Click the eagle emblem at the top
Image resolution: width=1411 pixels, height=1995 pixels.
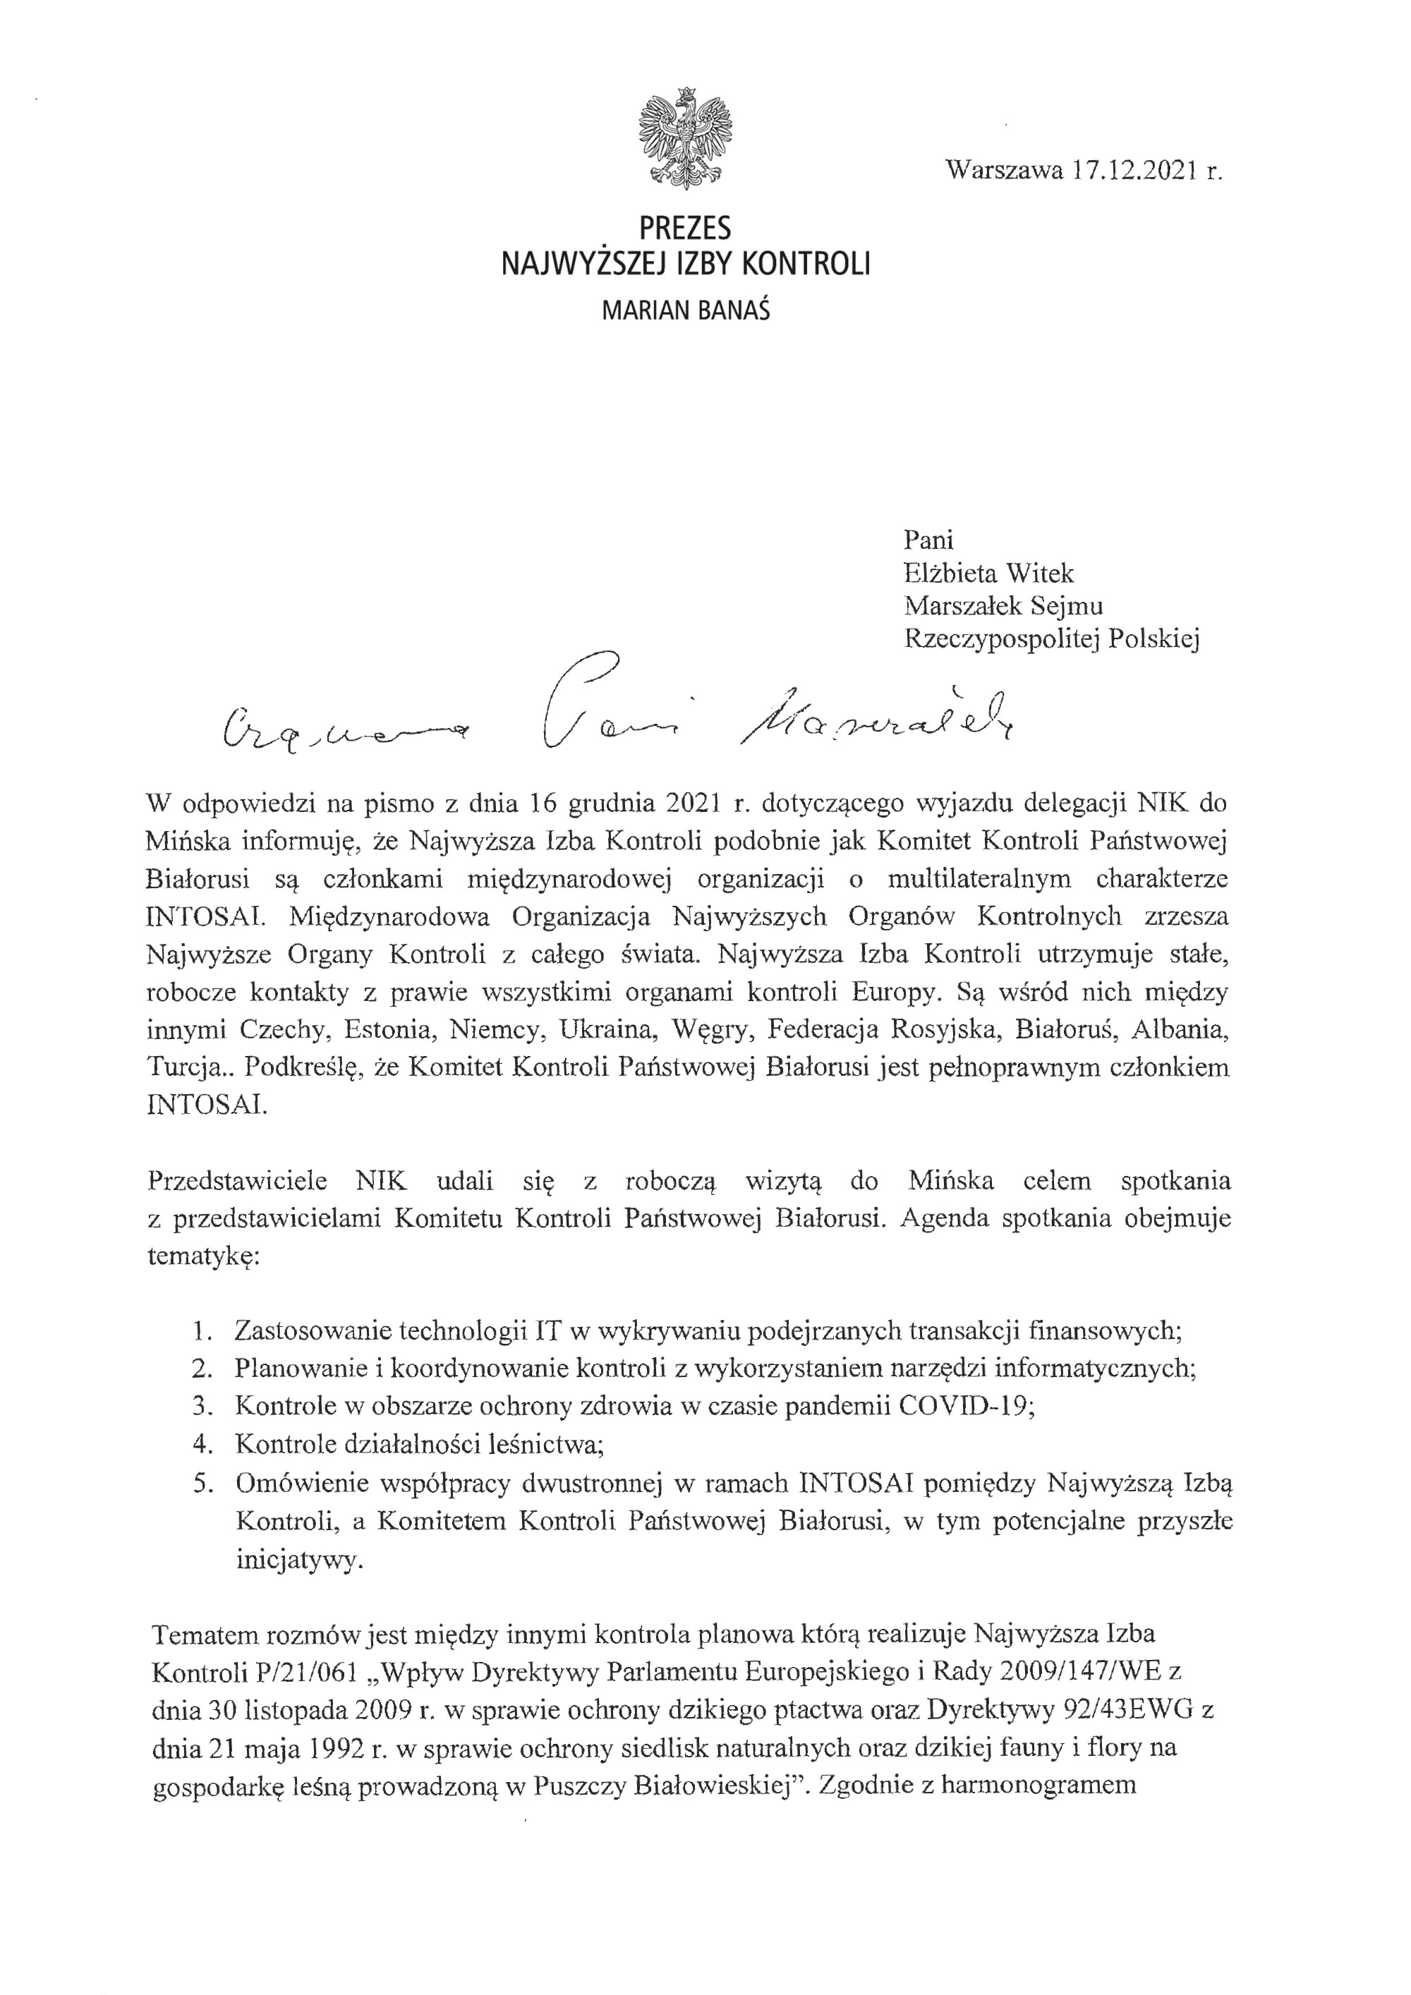tap(684, 138)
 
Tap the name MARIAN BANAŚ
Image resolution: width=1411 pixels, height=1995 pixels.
tap(686, 311)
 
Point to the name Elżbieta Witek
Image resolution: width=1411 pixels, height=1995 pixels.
tap(988, 574)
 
